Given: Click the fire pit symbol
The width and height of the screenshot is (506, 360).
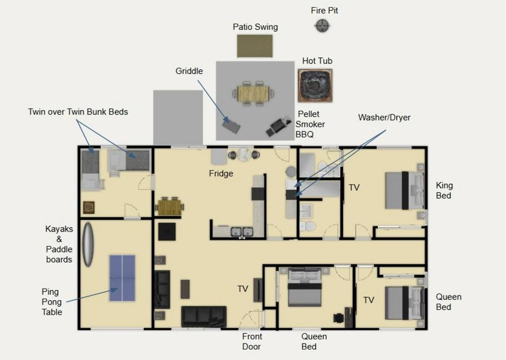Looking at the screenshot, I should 322,25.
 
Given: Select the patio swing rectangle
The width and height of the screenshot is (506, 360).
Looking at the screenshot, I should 255,46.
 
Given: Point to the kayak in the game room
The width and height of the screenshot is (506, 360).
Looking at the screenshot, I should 88,244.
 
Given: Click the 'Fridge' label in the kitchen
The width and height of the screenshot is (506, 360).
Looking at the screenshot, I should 221,173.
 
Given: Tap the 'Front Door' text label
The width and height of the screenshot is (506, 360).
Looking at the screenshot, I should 252,341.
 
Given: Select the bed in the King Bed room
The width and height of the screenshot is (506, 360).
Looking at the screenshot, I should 404,191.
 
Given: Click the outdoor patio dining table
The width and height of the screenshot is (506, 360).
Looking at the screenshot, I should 252,93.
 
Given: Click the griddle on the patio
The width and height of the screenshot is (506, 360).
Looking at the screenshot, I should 231,124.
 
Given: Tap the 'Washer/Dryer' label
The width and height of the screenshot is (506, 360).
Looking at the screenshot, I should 384,117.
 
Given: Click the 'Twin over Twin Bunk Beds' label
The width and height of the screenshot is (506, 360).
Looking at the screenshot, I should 78,112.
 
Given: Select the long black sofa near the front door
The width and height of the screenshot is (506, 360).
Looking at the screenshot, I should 203,317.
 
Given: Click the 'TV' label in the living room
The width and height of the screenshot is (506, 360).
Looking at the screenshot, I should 243,289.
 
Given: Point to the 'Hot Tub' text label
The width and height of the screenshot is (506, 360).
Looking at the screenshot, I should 317,61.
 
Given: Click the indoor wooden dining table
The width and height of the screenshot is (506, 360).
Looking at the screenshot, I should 170,206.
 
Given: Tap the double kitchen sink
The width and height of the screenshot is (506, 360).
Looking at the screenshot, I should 241,232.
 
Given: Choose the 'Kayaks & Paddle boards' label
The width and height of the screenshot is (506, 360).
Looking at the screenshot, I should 59,244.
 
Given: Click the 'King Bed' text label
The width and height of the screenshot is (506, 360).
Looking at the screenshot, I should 444,190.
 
